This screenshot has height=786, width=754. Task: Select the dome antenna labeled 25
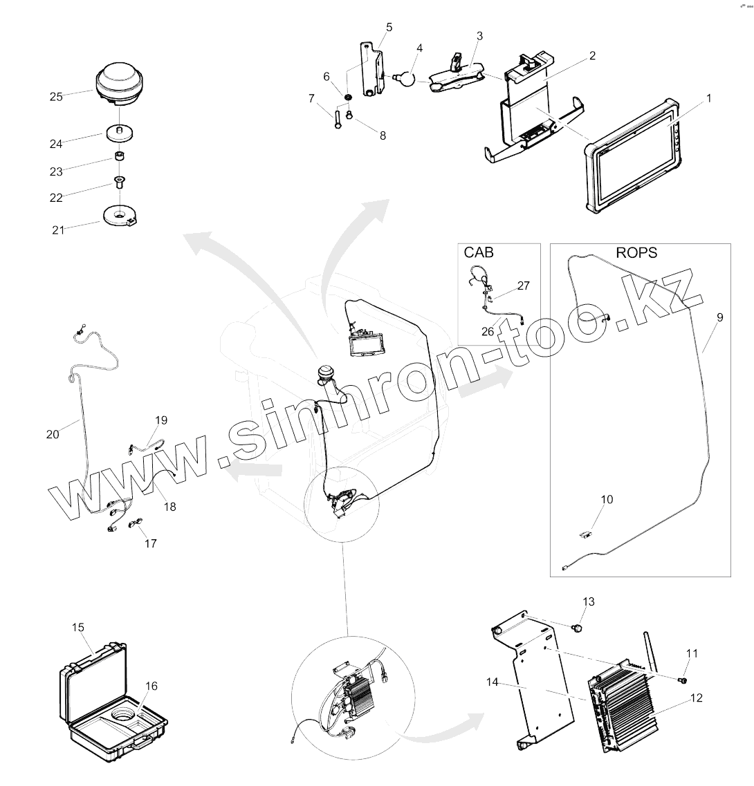[121, 83]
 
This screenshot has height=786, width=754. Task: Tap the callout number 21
[58, 230]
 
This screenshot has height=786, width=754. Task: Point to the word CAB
[479, 252]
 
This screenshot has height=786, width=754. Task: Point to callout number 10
[607, 499]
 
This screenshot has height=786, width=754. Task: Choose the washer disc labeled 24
[120, 131]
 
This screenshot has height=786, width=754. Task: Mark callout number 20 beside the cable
[53, 434]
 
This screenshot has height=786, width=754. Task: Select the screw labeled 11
[681, 681]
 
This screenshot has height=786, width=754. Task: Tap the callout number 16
[151, 686]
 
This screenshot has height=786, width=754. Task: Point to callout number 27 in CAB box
[524, 285]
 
